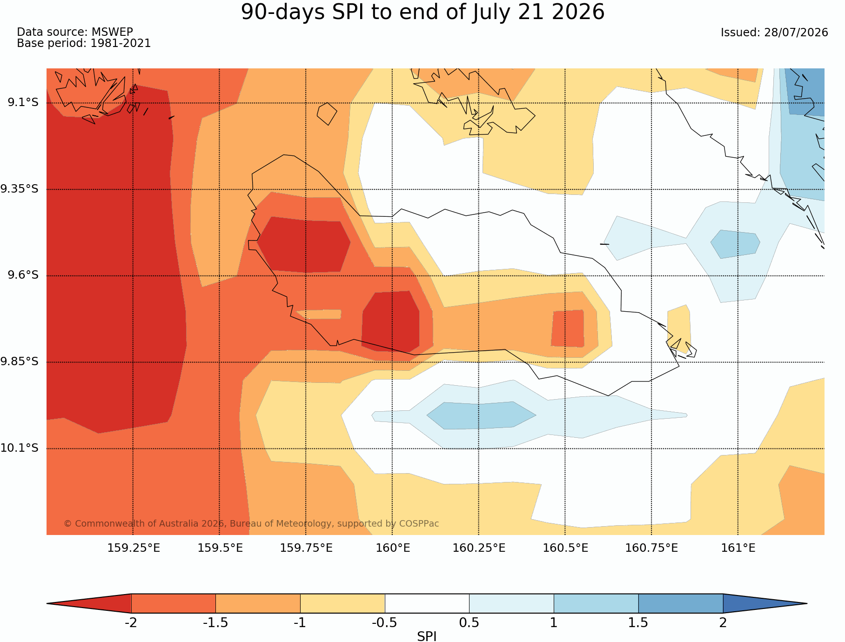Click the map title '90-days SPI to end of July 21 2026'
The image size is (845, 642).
pyautogui.click(x=422, y=12)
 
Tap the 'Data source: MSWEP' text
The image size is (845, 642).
pyautogui.click(x=75, y=32)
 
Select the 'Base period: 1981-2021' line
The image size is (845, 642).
pyautogui.click(x=84, y=43)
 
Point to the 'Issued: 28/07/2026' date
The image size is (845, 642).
pyautogui.click(x=774, y=33)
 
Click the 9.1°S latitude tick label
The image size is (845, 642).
pyautogui.click(x=23, y=102)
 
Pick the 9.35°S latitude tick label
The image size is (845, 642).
pyautogui.click(x=20, y=189)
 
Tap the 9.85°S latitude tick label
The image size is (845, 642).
pyautogui.click(x=20, y=361)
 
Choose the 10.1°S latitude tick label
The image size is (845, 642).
pyautogui.click(x=20, y=448)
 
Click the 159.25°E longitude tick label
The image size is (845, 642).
pyautogui.click(x=134, y=548)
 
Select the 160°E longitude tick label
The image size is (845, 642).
pyautogui.click(x=393, y=548)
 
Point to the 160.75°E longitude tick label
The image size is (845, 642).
pyautogui.click(x=651, y=548)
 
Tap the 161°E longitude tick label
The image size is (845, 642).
pyautogui.click(x=738, y=548)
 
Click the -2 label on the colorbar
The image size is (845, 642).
pyautogui.click(x=131, y=622)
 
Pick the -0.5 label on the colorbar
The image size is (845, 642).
pyautogui.click(x=384, y=622)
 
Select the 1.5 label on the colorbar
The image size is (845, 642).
pyautogui.click(x=638, y=622)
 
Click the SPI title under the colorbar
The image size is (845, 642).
pyautogui.click(x=427, y=636)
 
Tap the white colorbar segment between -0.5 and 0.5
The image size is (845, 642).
pyautogui.click(x=427, y=603)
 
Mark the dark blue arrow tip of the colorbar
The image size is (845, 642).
pyautogui.click(x=806, y=603)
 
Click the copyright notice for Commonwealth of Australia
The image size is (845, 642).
pyautogui.click(x=251, y=523)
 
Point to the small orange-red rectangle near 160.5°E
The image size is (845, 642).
pyautogui.click(x=568, y=328)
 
